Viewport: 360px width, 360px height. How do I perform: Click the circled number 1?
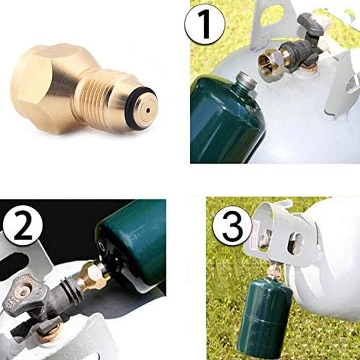[x=205, y=24]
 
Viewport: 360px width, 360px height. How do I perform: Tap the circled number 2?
[x=22, y=225]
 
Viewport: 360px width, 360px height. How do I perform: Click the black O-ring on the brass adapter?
[x=140, y=108]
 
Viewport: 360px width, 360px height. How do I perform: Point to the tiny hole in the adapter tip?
[x=148, y=111]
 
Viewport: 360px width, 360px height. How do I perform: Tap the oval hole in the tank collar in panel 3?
[x=296, y=244]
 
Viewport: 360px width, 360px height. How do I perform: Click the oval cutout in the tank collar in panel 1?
[x=271, y=14]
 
